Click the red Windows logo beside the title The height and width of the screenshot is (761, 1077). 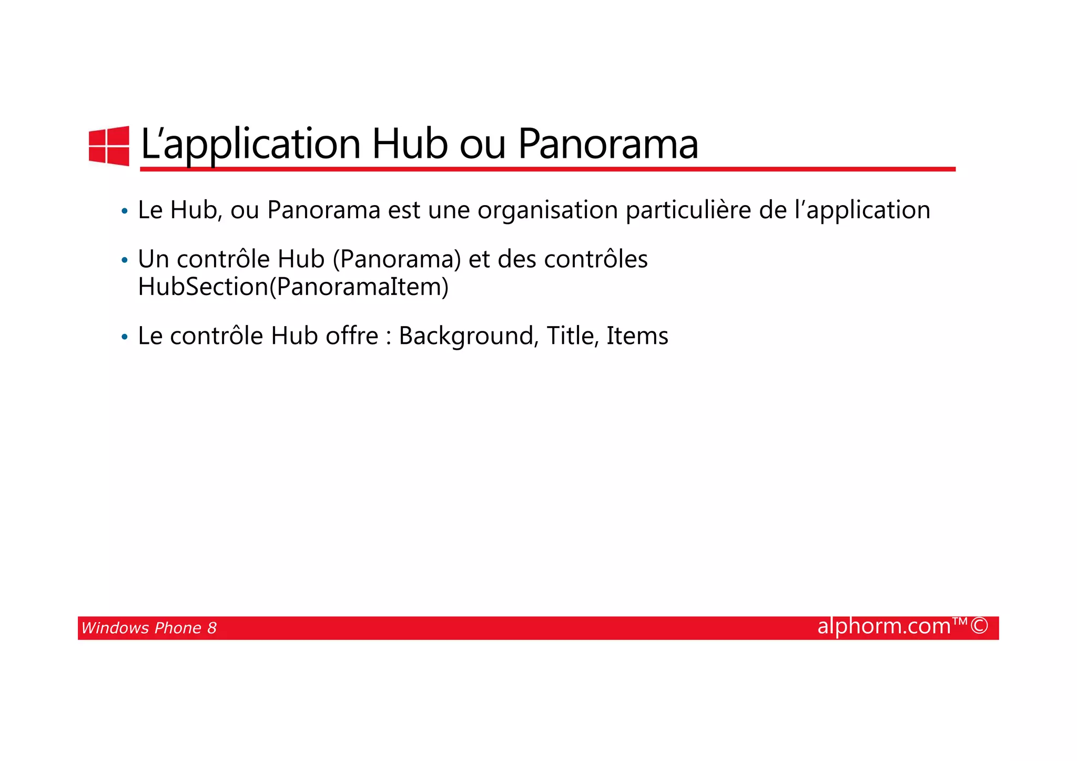pyautogui.click(x=109, y=146)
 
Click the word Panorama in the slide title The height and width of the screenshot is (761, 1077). pyautogui.click(x=608, y=144)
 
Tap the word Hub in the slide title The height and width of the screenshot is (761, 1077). pyautogui.click(x=410, y=144)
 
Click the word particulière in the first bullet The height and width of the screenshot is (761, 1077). pyautogui.click(x=688, y=211)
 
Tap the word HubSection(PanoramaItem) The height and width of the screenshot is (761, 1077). pyautogui.click(x=293, y=287)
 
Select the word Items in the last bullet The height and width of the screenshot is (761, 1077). pyautogui.click(x=637, y=336)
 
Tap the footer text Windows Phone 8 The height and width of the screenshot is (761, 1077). pyautogui.click(x=149, y=628)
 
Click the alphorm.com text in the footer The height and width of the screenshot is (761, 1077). pyautogui.click(x=884, y=626)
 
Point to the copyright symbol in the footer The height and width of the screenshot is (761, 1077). pyautogui.click(x=979, y=626)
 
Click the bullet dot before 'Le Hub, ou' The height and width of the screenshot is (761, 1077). pyautogui.click(x=125, y=212)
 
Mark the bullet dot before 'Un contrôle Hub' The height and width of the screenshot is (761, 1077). pyautogui.click(x=125, y=261)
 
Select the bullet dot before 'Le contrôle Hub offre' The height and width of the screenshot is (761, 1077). pyautogui.click(x=125, y=337)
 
